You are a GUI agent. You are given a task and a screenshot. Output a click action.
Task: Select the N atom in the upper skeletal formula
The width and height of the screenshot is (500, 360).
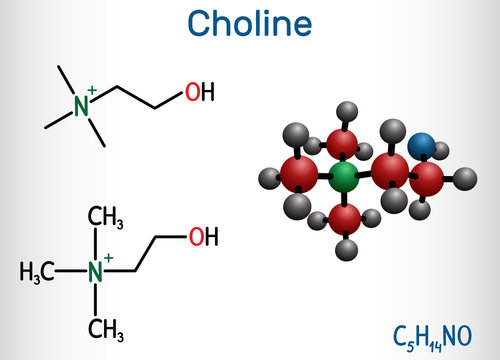[82, 103]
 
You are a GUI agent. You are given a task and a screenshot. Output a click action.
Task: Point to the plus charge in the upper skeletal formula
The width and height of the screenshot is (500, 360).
[92, 91]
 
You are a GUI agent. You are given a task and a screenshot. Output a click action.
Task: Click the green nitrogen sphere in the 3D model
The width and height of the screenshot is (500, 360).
[345, 178]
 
